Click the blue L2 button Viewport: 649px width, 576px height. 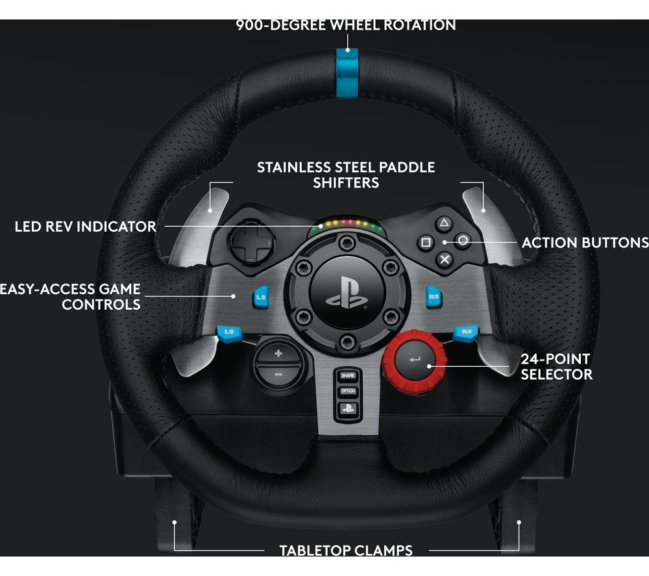pyautogui.click(x=261, y=297)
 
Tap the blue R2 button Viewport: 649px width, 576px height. pyautogui.click(x=434, y=297)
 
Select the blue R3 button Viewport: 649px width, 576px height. pyautogui.click(x=466, y=332)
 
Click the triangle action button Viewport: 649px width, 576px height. pyautogui.click(x=444, y=224)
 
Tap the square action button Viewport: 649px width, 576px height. pyautogui.click(x=425, y=243)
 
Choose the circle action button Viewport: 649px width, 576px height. pyautogui.click(x=463, y=240)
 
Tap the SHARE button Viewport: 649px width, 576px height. pyautogui.click(x=348, y=376)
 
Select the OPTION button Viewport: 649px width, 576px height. pyautogui.click(x=348, y=392)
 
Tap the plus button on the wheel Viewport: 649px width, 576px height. pyautogui.click(x=278, y=354)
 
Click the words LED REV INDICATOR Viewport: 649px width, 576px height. pyautogui.click(x=86, y=227)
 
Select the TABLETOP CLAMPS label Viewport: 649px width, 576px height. pyautogui.click(x=345, y=551)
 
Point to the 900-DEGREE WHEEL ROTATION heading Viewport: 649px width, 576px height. pyautogui.click(x=345, y=25)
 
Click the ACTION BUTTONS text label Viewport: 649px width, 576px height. pyautogui.click(x=585, y=242)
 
